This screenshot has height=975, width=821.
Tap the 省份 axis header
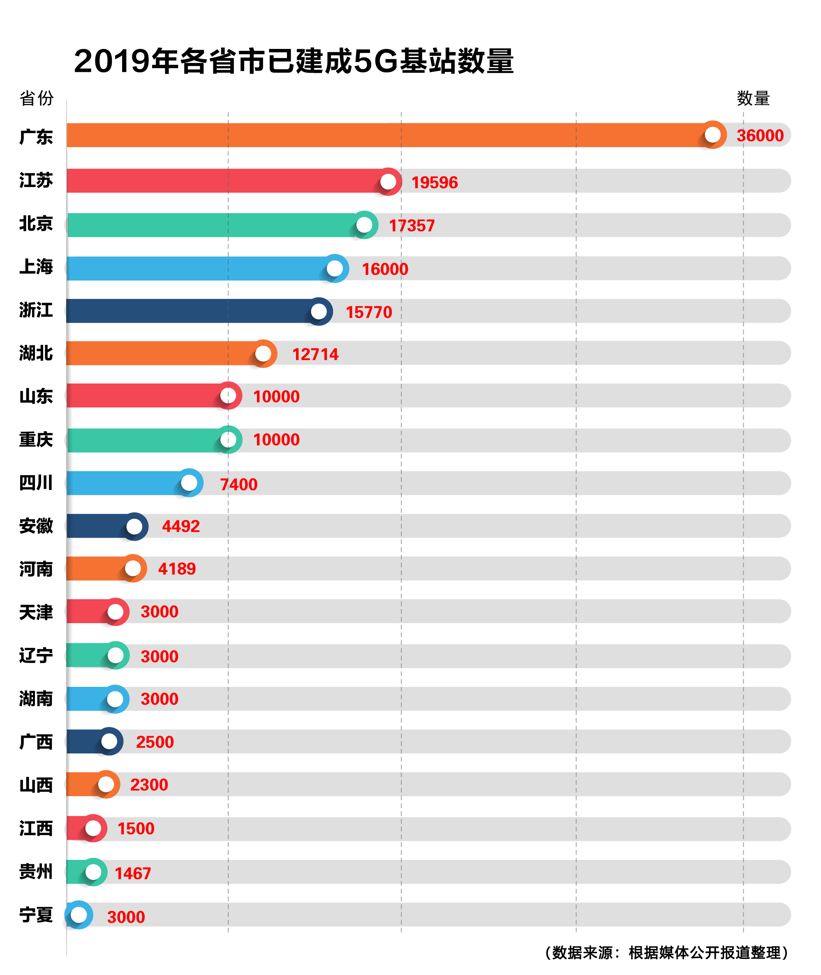(36, 98)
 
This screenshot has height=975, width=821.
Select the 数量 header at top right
(753, 98)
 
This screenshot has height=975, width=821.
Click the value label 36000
(760, 135)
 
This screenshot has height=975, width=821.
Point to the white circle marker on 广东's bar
(712, 135)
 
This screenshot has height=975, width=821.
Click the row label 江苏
(36, 180)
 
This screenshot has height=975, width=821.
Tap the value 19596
(434, 183)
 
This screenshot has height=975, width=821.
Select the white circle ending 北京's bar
(364, 225)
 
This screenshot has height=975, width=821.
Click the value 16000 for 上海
(385, 269)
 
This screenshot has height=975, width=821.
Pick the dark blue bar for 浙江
(186, 311)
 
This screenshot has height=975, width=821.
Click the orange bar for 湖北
(158, 353)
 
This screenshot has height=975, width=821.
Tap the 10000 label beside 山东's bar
(276, 397)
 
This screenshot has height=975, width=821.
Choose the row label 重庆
(36, 439)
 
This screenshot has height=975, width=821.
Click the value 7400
(238, 485)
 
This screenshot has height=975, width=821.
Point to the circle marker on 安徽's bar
(134, 527)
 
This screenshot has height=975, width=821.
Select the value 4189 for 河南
(177, 569)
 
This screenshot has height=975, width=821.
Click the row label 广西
(36, 742)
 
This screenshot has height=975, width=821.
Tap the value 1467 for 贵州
(133, 873)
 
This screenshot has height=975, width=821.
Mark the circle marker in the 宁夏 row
(79, 915)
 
